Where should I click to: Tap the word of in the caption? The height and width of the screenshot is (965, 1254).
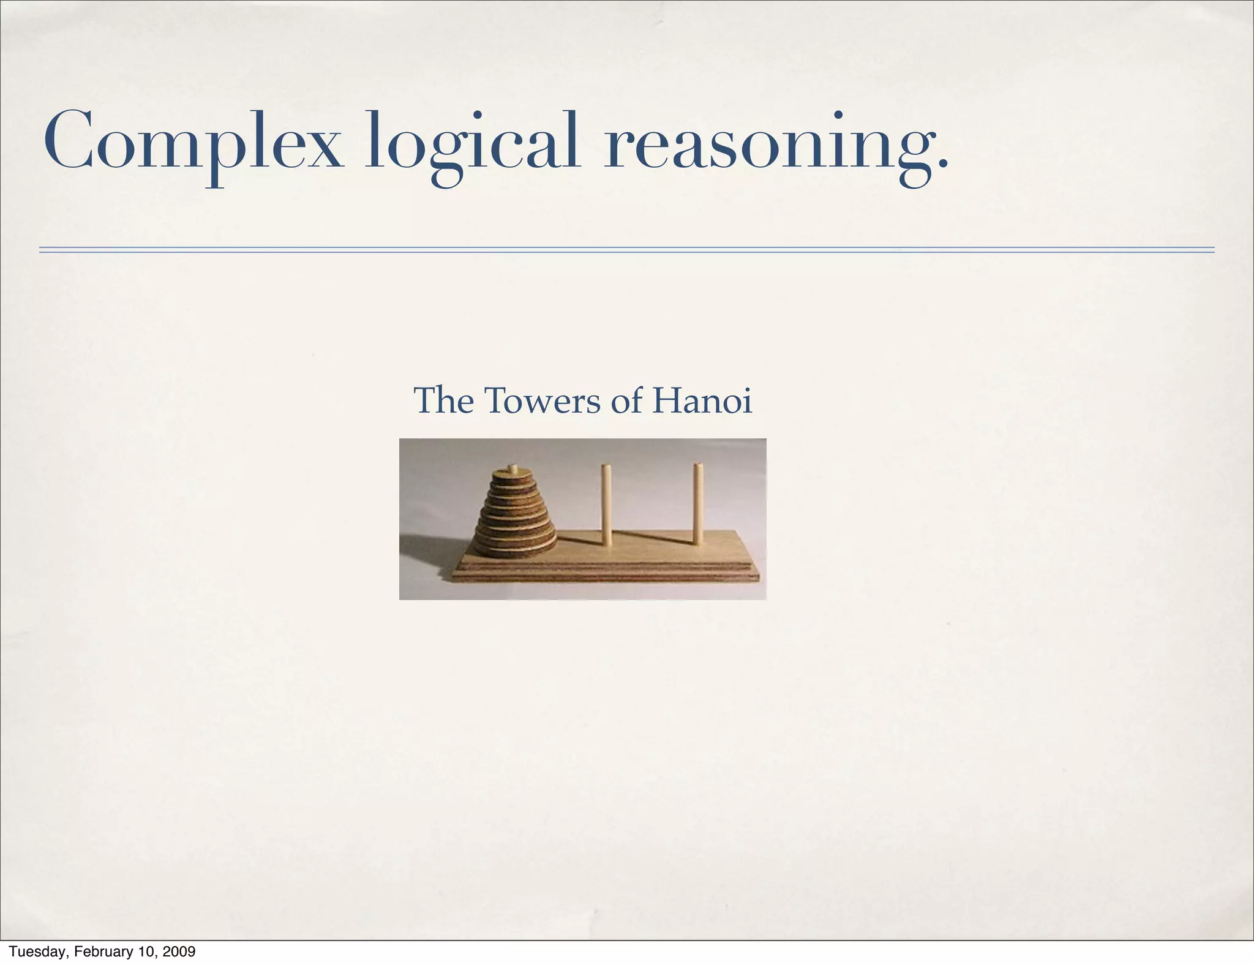(x=627, y=401)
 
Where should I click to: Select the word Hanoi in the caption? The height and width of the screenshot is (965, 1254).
(x=702, y=401)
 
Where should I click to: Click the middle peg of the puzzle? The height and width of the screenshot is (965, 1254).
(x=606, y=505)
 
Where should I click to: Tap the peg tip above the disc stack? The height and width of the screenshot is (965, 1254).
(x=513, y=468)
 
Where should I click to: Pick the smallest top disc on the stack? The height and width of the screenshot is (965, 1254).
(x=513, y=475)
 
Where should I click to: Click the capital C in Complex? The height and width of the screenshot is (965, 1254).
(x=69, y=141)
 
